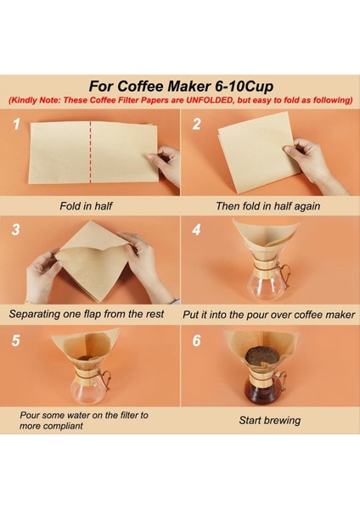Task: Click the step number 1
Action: [x=16, y=125]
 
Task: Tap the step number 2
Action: [x=196, y=125]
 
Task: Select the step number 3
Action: [x=15, y=230]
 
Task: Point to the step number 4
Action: [x=196, y=230]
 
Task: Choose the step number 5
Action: [x=15, y=340]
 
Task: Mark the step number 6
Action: [x=197, y=340]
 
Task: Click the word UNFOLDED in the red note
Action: [x=210, y=100]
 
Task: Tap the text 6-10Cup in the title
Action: [x=244, y=86]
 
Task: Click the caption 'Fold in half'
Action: [x=86, y=206]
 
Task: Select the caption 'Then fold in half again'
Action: [x=268, y=206]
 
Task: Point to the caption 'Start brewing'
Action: [x=270, y=421]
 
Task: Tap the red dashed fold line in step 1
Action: [x=90, y=152]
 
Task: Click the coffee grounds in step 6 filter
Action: [x=262, y=356]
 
